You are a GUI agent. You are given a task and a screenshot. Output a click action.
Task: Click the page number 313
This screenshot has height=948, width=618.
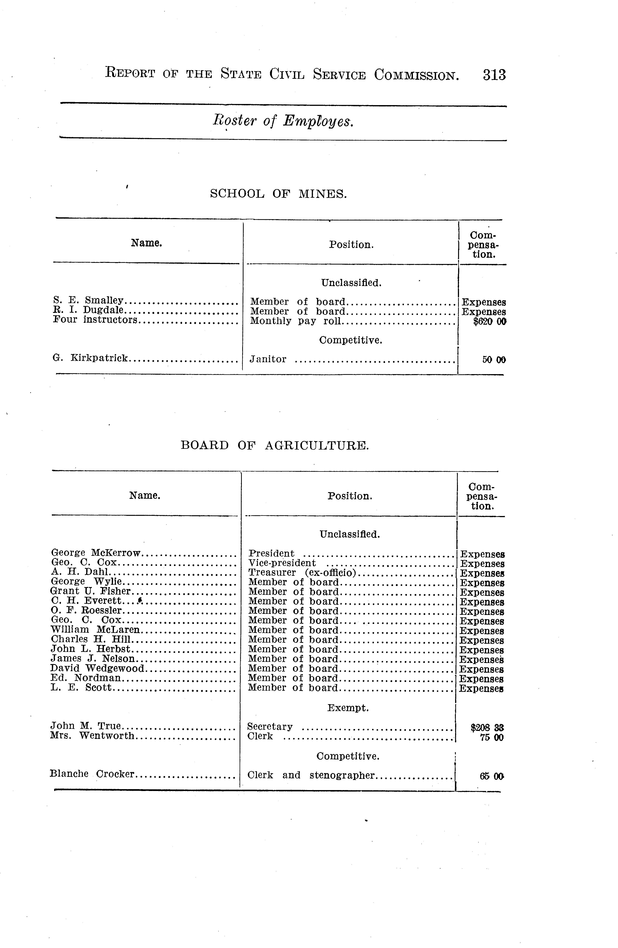click(494, 75)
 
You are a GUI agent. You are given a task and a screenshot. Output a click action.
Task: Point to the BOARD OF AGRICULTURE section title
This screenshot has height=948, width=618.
click(275, 445)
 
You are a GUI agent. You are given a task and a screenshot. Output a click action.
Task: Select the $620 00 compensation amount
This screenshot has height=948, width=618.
click(489, 321)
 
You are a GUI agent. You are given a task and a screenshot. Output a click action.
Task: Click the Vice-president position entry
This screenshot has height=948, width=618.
click(282, 563)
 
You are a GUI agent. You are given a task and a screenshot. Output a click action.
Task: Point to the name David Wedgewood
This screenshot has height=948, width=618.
click(98, 668)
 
